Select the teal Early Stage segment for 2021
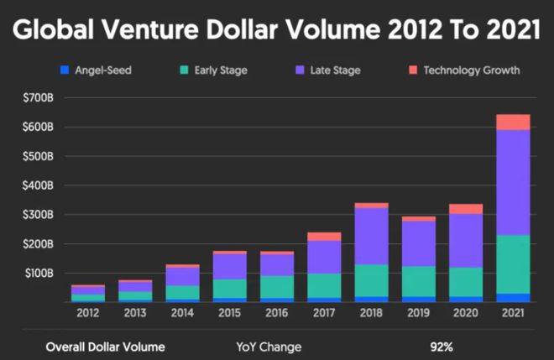(x=513, y=263)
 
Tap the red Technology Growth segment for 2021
(x=513, y=122)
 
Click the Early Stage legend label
(x=221, y=70)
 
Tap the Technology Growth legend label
(x=473, y=70)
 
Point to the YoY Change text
(x=269, y=346)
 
